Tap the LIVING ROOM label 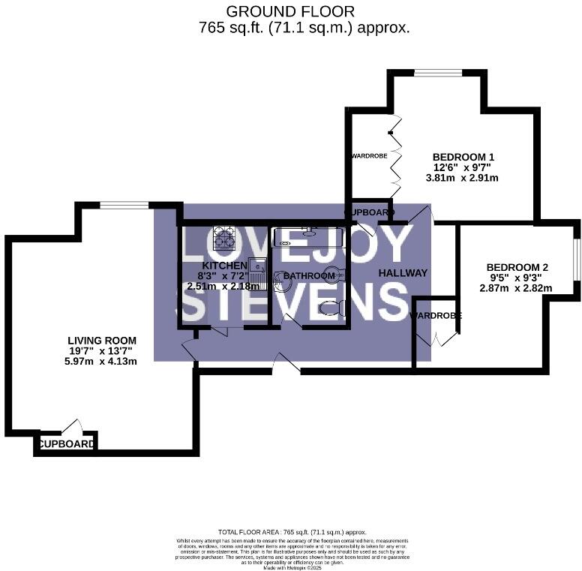coord(99,340)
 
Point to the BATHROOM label coord(309,276)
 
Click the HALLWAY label coord(403,273)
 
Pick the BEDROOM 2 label coord(517,267)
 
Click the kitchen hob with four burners coord(223,239)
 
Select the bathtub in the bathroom coord(308,237)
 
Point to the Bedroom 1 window coord(439,73)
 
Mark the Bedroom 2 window coord(577,260)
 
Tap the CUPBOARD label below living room coord(66,444)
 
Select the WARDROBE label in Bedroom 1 coord(368,157)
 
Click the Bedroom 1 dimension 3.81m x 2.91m coord(460,179)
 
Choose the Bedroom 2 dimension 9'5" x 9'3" coord(518,278)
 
